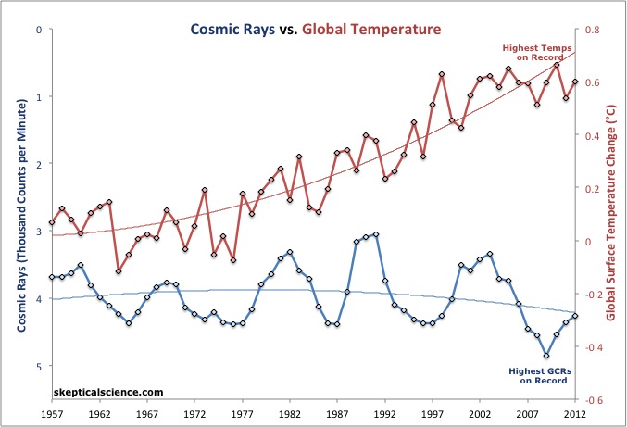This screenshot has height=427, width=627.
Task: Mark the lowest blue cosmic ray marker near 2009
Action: click(x=546, y=355)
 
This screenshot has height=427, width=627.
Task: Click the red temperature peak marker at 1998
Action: click(x=442, y=74)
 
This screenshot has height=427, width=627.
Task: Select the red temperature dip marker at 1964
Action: click(x=119, y=270)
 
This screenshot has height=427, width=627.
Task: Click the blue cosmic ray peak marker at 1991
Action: click(x=375, y=235)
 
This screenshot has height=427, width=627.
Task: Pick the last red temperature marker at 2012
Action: click(x=575, y=82)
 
